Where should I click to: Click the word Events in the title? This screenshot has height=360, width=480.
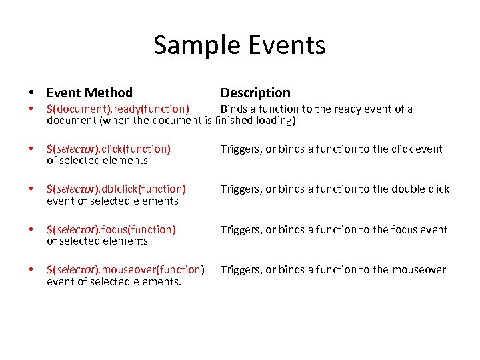pyautogui.click(x=285, y=45)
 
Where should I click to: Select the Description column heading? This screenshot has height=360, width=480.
pyautogui.click(x=255, y=93)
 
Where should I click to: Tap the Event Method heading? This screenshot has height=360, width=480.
pyautogui.click(x=89, y=93)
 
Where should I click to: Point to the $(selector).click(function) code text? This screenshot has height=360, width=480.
pyautogui.click(x=109, y=149)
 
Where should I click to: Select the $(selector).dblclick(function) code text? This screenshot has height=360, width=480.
pyautogui.click(x=116, y=189)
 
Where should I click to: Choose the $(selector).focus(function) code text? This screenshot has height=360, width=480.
pyautogui.click(x=111, y=229)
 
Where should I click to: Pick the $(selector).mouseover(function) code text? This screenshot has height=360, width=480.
pyautogui.click(x=125, y=269)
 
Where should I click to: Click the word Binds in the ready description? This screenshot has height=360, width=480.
pyautogui.click(x=234, y=109)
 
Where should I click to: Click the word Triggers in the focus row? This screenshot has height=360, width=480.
pyautogui.click(x=241, y=229)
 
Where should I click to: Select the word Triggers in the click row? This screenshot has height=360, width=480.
pyautogui.click(x=241, y=149)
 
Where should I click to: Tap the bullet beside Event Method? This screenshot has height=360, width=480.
pyautogui.click(x=31, y=93)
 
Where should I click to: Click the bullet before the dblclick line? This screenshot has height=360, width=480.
pyautogui.click(x=31, y=189)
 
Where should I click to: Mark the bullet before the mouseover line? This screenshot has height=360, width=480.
pyautogui.click(x=31, y=270)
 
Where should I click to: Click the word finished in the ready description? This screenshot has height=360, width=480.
pyautogui.click(x=234, y=121)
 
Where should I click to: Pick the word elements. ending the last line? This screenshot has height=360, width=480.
pyautogui.click(x=158, y=281)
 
